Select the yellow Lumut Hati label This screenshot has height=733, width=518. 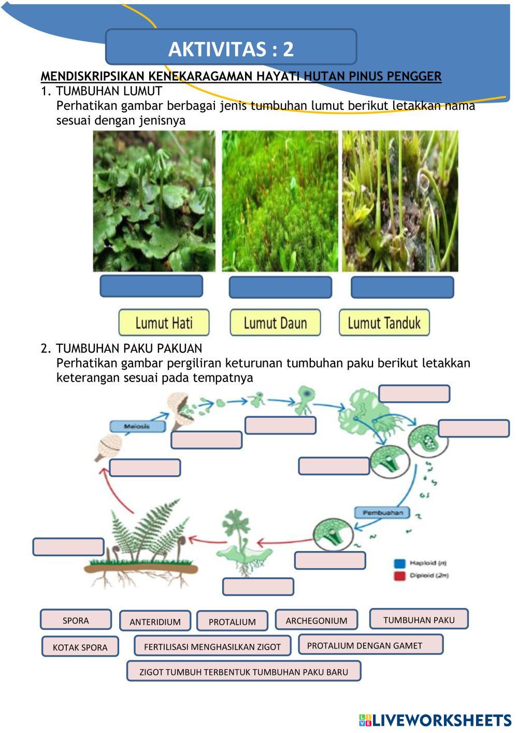pos(164,323)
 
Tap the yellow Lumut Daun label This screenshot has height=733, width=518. pos(275,323)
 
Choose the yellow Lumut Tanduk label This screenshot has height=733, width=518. pos(384,323)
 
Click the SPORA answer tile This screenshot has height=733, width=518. pos(76,620)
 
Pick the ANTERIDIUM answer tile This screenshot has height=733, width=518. pos(155,621)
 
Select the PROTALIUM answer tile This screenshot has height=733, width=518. pos(232,621)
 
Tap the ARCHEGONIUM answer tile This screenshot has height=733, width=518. pos(316,620)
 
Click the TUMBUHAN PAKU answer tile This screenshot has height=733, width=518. pos(419,619)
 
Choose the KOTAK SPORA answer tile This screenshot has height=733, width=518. pos(80,646)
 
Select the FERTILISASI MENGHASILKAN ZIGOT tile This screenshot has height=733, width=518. pos(212,646)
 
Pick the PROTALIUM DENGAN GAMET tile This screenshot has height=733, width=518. pos(370,645)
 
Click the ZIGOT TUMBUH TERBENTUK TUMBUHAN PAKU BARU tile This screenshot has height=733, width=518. pos(243,671)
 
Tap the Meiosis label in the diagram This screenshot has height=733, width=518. pos(137,426)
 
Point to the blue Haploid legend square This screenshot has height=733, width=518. pos(399,563)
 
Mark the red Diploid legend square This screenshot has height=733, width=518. pos(399,575)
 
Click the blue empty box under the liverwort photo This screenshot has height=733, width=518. pos(151,286)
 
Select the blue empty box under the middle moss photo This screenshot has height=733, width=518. pos(280,287)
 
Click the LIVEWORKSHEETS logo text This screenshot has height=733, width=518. pos(441,720)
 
